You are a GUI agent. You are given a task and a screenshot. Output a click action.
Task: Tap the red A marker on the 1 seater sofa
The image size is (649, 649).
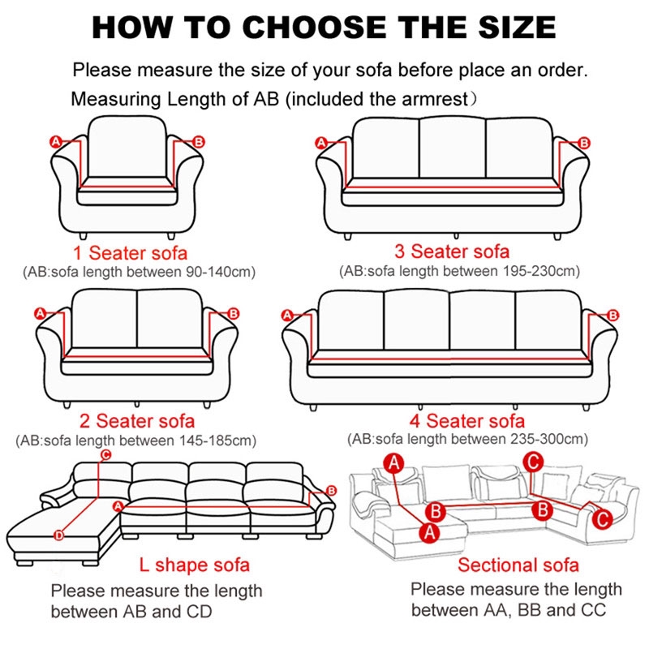(55, 141)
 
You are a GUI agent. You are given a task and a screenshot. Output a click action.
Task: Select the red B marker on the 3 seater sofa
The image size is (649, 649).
(584, 144)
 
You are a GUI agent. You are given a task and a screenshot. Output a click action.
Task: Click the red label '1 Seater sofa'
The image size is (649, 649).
(130, 252)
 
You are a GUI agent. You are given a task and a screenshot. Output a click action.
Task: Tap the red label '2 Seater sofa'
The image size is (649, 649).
(137, 420)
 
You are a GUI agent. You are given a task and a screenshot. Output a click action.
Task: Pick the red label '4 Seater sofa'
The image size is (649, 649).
(467, 420)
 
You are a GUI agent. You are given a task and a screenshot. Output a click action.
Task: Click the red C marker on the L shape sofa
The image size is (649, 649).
(106, 455)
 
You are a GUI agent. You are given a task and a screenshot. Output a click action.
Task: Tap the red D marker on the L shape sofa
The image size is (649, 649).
(59, 535)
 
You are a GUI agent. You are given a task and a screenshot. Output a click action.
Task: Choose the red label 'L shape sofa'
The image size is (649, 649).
(194, 565)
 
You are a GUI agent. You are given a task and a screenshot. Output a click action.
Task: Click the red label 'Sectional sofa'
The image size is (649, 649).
(518, 565)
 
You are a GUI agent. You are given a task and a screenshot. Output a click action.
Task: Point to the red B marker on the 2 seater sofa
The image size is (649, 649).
(234, 313)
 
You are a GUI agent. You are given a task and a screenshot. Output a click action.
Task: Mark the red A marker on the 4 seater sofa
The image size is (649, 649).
(287, 316)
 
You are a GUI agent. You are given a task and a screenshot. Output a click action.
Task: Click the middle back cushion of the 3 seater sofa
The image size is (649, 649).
(452, 148)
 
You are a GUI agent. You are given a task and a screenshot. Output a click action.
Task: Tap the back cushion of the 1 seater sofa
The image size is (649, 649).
(127, 147)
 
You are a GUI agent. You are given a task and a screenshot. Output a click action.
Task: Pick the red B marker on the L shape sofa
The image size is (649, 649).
(331, 491)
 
